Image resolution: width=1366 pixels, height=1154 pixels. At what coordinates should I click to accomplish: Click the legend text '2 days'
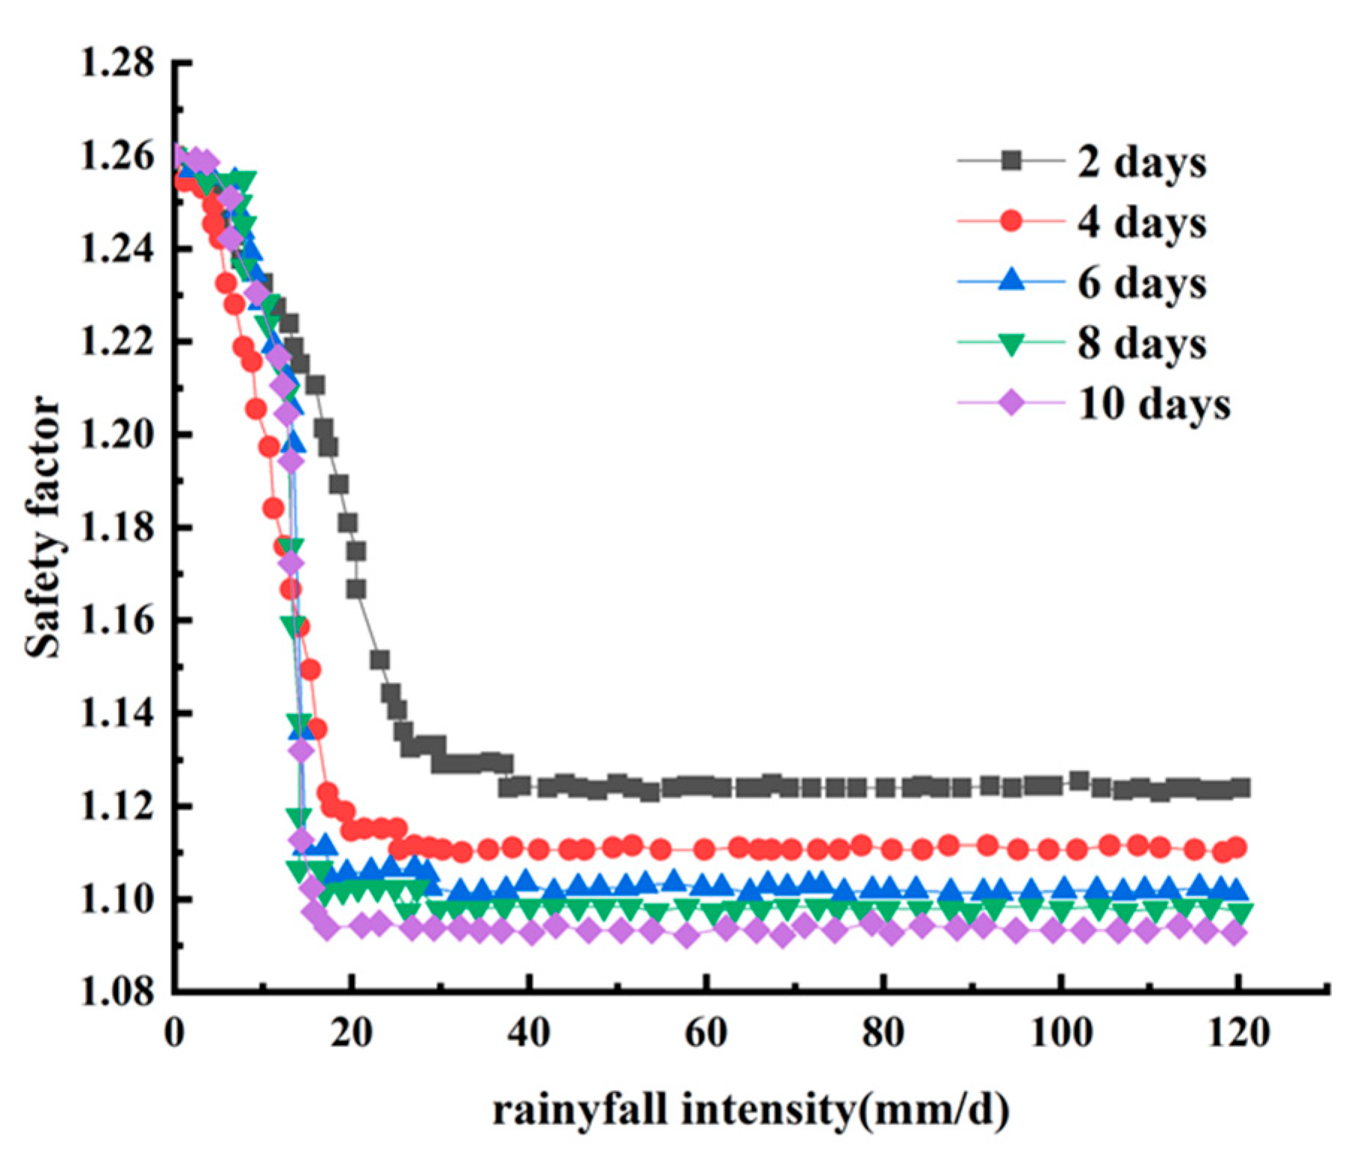(1140, 161)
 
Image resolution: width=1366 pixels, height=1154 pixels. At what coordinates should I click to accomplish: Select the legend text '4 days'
(1140, 222)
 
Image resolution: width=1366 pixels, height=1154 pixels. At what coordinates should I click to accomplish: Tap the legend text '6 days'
(1140, 283)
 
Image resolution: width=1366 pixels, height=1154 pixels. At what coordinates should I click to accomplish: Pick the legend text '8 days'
(1140, 344)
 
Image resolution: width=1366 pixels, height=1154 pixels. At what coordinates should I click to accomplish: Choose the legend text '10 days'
(1153, 404)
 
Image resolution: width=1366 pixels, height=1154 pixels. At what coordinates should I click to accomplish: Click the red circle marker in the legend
(1011, 221)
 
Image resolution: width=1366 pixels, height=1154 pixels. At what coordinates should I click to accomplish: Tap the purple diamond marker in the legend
(1011, 403)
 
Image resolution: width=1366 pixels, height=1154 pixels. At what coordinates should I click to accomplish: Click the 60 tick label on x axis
(706, 1034)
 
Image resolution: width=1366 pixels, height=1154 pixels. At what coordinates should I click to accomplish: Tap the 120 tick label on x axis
(1238, 1034)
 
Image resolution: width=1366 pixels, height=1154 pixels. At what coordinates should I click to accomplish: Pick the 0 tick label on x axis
(175, 1034)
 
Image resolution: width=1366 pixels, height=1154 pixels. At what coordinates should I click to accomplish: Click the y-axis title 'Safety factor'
(43, 527)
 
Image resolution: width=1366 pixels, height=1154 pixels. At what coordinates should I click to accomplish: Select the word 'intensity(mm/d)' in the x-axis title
(845, 1109)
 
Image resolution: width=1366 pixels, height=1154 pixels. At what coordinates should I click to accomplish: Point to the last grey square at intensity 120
(1241, 787)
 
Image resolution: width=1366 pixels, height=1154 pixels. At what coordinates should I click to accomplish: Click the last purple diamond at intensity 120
(1235, 932)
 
